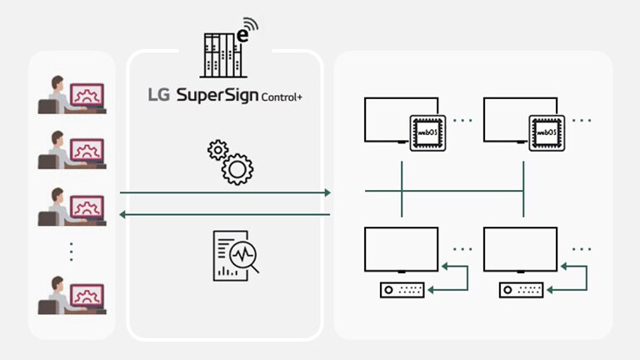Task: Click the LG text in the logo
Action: pos(158,96)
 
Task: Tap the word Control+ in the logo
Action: pos(282,98)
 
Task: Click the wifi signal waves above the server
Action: pos(250,28)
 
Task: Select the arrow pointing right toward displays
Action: pos(225,193)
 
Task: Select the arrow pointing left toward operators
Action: pos(225,215)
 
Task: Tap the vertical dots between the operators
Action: pos(72,250)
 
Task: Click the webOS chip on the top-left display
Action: pos(425,132)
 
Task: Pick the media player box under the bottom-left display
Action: pos(402,290)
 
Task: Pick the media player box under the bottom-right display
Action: pos(522,290)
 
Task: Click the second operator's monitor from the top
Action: pos(87,150)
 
